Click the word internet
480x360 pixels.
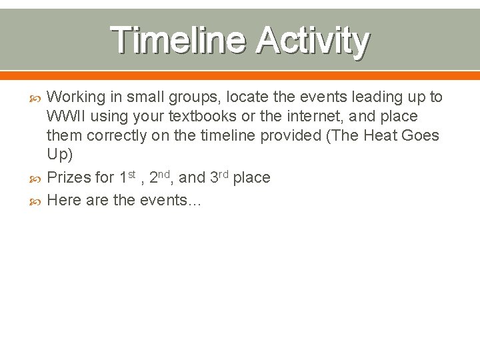(x=300, y=117)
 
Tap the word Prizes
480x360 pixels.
(x=70, y=177)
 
